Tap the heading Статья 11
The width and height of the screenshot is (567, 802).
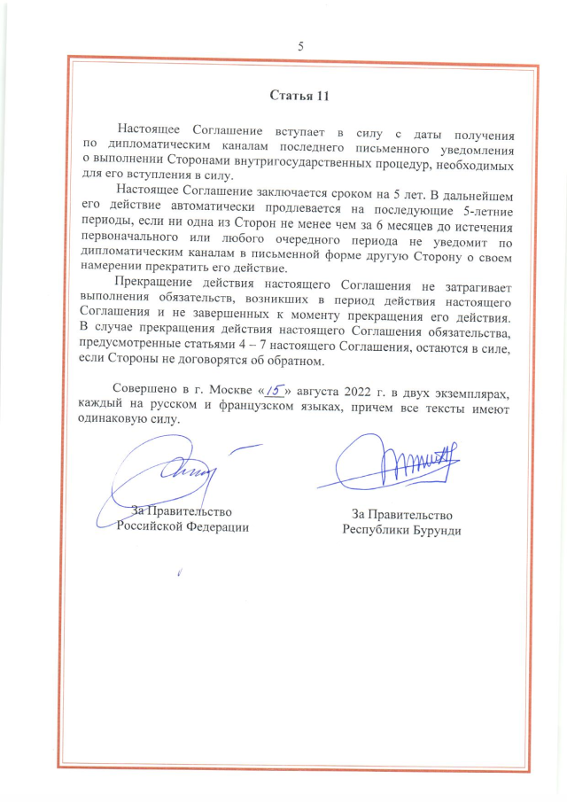click(300, 94)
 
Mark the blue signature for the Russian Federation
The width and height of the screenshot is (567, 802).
click(168, 474)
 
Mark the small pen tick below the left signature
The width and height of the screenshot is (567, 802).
click(181, 572)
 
